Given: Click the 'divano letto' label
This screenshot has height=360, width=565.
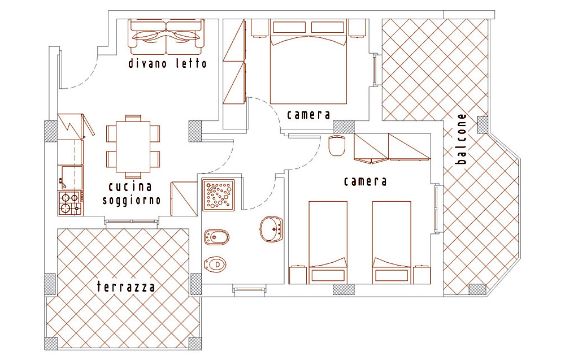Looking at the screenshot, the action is point(168,64).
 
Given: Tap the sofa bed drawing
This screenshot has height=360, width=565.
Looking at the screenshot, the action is point(166,33).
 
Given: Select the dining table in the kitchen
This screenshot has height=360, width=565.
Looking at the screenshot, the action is point(133,147).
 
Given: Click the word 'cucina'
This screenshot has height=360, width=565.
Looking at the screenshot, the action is point(131,186).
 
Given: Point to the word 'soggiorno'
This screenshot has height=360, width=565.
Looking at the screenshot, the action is point(132,201).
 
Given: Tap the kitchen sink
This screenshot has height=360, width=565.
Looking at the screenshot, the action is point(70,177).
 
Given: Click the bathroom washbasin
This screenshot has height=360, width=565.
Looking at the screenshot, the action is point(271,228).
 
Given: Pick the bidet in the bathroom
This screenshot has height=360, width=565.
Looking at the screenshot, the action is point(216,237).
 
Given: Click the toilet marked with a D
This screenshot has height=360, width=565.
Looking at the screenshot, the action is point(215,265).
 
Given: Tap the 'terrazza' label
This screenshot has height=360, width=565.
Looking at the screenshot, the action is point(126,287).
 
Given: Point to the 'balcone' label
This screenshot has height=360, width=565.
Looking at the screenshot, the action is point(461,138).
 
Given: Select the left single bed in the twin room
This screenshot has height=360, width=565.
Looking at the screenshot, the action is point(328,242).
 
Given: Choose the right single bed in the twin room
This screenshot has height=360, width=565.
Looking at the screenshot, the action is point(392,242).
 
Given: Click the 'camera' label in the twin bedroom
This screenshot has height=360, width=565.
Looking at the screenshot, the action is point(365,181).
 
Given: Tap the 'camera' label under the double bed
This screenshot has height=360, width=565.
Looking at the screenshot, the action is point(308,115).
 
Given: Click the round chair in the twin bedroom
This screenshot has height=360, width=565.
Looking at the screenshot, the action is point(337,146).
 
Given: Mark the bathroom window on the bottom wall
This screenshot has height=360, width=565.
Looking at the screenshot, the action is point(249,289).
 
